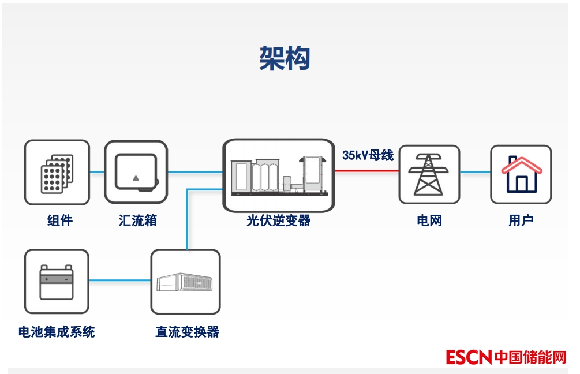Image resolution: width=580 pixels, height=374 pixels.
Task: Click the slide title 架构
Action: pyautogui.click(x=285, y=58)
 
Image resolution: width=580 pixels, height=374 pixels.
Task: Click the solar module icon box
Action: pyautogui.click(x=57, y=172)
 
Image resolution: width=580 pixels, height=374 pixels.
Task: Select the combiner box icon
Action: pyautogui.click(x=136, y=172)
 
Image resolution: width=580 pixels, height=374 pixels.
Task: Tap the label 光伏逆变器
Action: pyautogui.click(x=278, y=220)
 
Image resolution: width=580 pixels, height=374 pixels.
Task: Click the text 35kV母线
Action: pyautogui.click(x=368, y=155)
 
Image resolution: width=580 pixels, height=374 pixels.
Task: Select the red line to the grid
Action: pyautogui.click(x=366, y=171)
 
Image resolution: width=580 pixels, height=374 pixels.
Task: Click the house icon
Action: pyautogui.click(x=521, y=174)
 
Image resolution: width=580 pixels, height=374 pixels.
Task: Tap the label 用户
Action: pyautogui.click(x=521, y=220)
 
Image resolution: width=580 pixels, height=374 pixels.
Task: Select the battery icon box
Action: pyautogui.click(x=57, y=281)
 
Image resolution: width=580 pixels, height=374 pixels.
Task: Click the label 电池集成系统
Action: pyautogui.click(x=57, y=331)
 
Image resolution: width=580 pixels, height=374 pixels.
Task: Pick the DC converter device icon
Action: pyautogui.click(x=185, y=282)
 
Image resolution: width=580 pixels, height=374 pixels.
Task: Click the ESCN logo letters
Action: pyautogui.click(x=468, y=357)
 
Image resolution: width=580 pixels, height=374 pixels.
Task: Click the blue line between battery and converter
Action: pyautogui.click(x=120, y=281)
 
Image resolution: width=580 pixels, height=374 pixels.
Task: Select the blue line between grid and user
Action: pyautogui.click(x=475, y=171)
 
